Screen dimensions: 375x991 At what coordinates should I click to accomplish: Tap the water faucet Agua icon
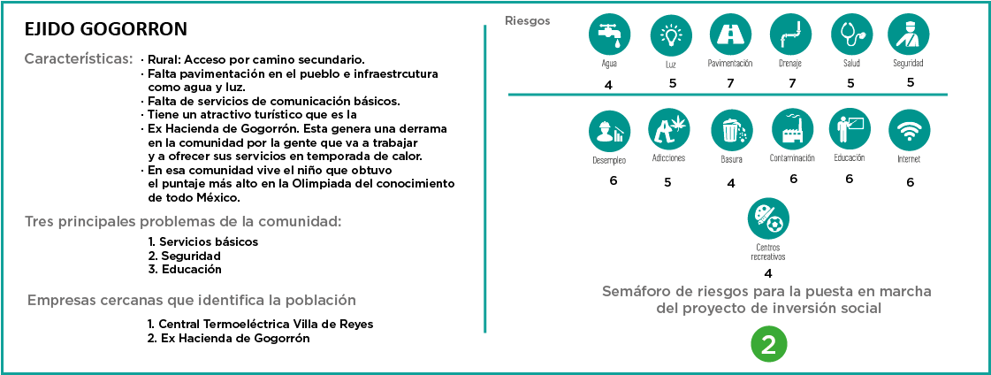pos(610,34)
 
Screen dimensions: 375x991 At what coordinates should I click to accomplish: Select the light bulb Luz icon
pos(671,34)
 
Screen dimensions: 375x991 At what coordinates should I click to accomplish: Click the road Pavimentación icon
pos(731,34)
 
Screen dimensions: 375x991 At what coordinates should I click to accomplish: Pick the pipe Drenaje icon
pos(791,34)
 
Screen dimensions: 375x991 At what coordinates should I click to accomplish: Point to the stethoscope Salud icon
pos(852,34)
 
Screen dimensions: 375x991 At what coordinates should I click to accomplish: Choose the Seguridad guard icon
pos(909,34)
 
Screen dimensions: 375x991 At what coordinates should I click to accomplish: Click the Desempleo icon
pos(610,130)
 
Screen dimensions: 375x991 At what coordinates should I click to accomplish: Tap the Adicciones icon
pos(668,129)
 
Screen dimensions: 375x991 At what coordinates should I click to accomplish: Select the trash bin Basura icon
pos(731,130)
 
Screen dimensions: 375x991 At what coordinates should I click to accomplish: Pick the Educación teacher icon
pos(850,129)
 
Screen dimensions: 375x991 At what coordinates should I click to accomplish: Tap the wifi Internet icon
pos(909,130)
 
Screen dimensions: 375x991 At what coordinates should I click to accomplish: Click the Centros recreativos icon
pos(768,218)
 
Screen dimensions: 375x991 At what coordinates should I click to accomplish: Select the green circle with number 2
pos(768,346)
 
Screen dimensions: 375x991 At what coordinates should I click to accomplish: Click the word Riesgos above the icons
pos(527,20)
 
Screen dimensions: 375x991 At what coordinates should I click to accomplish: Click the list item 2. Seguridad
pos(184,256)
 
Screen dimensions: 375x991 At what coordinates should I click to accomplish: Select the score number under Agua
pos(608,85)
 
